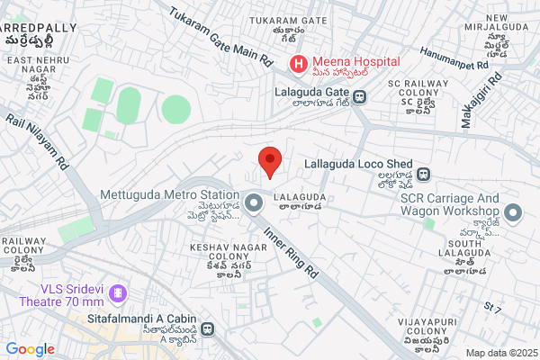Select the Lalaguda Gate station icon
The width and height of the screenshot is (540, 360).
pyautogui.click(x=359, y=96)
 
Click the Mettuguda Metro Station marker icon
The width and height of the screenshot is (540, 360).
pyautogui.click(x=255, y=203)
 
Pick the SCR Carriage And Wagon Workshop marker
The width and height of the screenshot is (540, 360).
pyautogui.click(x=514, y=213)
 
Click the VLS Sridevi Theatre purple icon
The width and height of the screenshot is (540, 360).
pyautogui.click(x=119, y=294)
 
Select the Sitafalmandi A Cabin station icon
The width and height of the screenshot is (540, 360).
pyautogui.click(x=208, y=329)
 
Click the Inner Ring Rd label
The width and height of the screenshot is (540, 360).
pyautogui.click(x=291, y=250)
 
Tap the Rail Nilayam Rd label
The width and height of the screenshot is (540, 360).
pyautogui.click(x=38, y=141)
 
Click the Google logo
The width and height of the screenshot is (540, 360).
pyautogui.click(x=30, y=349)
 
